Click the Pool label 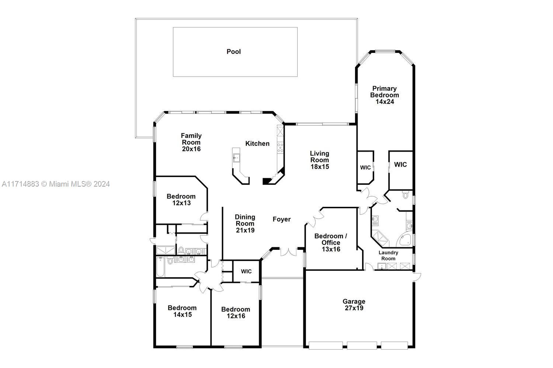233,52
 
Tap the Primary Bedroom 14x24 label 385,95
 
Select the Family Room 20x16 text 191,142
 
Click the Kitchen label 257,144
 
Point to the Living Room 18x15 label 320,160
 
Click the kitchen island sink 236,158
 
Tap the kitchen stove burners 280,148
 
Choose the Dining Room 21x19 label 245,224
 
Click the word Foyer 281,219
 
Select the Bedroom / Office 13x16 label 331,243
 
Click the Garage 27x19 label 354,305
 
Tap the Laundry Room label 388,256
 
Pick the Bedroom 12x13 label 181,200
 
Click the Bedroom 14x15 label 182,311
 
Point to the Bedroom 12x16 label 236,312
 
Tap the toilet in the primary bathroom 406,195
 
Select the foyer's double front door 288,252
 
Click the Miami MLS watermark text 56,184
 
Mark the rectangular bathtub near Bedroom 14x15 160,267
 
